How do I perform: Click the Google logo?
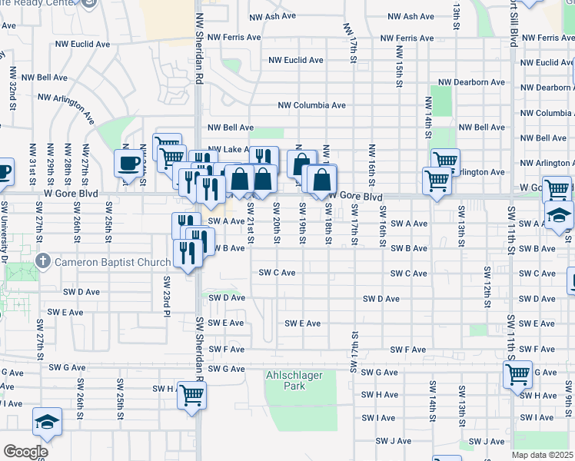[x=25, y=452]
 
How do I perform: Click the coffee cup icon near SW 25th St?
[x=128, y=163]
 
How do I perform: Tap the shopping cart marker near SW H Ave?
[x=192, y=395]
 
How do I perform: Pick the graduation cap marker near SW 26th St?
[x=46, y=423]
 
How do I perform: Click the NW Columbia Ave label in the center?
[x=311, y=105]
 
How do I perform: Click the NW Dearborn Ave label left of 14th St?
[x=471, y=82]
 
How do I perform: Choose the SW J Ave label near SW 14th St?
[x=394, y=441]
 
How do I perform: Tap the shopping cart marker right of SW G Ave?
[x=517, y=375]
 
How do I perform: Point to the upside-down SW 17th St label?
[x=354, y=352]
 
